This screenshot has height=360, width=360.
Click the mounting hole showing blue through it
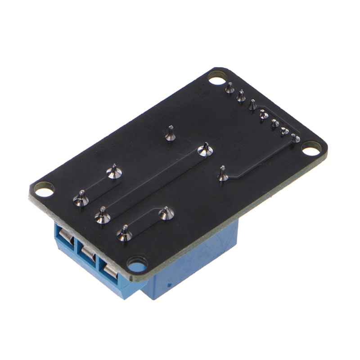click(x=136, y=263)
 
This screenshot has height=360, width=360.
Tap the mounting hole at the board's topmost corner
click(x=217, y=79)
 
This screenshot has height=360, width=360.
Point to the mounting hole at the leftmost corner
click(x=44, y=190)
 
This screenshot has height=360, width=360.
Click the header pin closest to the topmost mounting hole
click(x=230, y=88)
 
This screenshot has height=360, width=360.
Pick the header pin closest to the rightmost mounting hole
click(x=295, y=138)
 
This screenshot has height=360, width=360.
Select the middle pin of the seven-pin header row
click(x=264, y=115)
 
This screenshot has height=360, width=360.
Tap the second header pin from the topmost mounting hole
click(x=241, y=96)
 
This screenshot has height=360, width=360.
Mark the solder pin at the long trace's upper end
click(x=205, y=150)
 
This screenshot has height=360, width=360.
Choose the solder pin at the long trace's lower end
click(x=103, y=217)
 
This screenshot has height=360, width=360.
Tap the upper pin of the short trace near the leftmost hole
click(x=114, y=171)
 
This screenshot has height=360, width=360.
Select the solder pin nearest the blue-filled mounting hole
click(x=124, y=233)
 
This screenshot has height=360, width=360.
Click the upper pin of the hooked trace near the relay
click(x=166, y=213)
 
